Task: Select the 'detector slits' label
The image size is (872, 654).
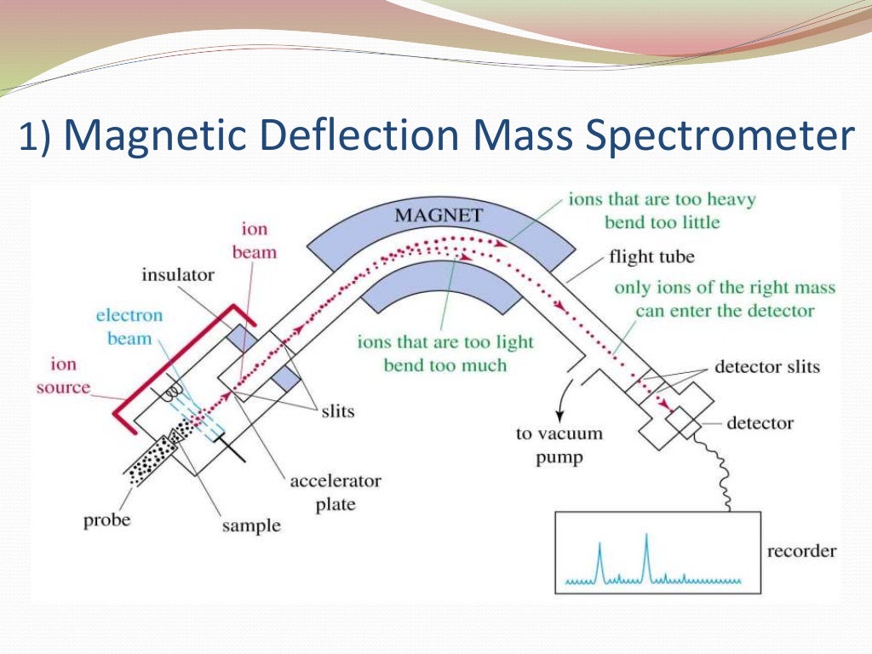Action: pyautogui.click(x=766, y=367)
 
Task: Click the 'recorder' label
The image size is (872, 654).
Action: pyautogui.click(x=801, y=551)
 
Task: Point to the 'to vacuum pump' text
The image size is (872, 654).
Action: pyautogui.click(x=559, y=445)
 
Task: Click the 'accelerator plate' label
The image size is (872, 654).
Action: pyautogui.click(x=336, y=492)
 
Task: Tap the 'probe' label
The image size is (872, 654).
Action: pyautogui.click(x=106, y=519)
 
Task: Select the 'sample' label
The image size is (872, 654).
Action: pyautogui.click(x=251, y=526)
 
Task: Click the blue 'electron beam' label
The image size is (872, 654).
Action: pyautogui.click(x=129, y=327)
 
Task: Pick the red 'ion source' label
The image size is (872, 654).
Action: pyautogui.click(x=64, y=376)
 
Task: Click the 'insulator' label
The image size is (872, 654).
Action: pyautogui.click(x=178, y=275)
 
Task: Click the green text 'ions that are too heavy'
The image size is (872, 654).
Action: pyautogui.click(x=663, y=201)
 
